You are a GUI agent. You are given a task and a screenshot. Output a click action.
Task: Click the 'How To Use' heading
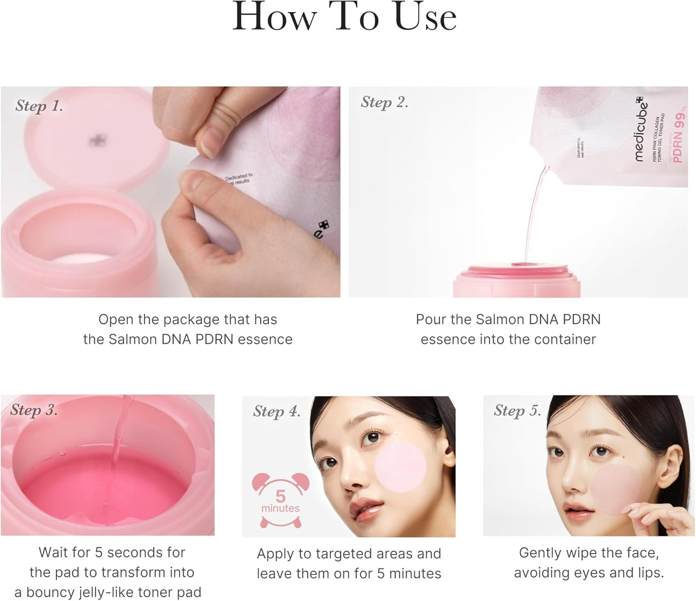click(x=344, y=18)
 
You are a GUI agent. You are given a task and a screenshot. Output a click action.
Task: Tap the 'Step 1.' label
click(x=39, y=106)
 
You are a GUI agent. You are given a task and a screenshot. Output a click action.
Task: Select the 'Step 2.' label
click(x=384, y=102)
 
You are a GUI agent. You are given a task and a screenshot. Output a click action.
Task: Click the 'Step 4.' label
click(x=276, y=411)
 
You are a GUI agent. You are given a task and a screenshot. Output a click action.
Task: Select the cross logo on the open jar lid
click(x=95, y=141)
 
